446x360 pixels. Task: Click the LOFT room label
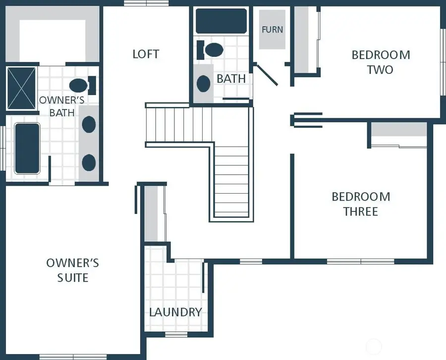pyautogui.click(x=146, y=53)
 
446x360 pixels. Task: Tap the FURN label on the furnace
pyautogui.click(x=272, y=29)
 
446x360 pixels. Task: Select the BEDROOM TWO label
pyautogui.click(x=381, y=62)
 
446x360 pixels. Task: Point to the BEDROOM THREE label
pyautogui.click(x=361, y=204)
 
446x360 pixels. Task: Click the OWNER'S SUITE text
pyautogui.click(x=72, y=270)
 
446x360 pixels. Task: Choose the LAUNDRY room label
pyautogui.click(x=175, y=312)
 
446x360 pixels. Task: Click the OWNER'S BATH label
pyautogui.click(x=62, y=106)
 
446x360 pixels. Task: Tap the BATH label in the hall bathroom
pyautogui.click(x=231, y=78)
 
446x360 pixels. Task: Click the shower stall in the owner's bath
pyautogui.click(x=21, y=88)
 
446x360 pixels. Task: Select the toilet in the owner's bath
pyautogui.click(x=81, y=85)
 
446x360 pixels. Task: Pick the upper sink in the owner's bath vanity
pyautogui.click(x=89, y=124)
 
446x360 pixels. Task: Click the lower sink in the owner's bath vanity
pyautogui.click(x=89, y=162)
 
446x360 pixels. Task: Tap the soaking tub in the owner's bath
pyautogui.click(x=27, y=148)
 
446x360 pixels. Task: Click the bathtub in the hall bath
pyautogui.click(x=221, y=21)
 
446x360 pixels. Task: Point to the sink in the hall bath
pyautogui.click(x=204, y=83)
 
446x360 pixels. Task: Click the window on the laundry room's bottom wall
pyautogui.click(x=176, y=334)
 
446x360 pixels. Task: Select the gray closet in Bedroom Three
pyautogui.click(x=399, y=129)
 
